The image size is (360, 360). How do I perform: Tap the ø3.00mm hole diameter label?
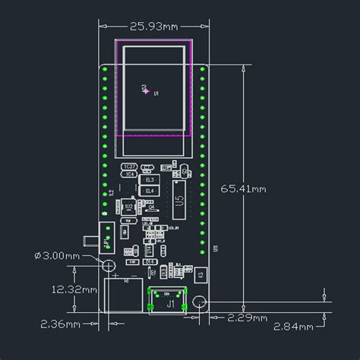pyautogui.click(x=56, y=256)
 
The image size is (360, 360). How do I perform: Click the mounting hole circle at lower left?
pyautogui.click(x=109, y=266)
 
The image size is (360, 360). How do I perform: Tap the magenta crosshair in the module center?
pyautogui.click(x=146, y=90)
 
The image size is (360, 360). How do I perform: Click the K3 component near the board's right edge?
pyautogui.click(x=201, y=273)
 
